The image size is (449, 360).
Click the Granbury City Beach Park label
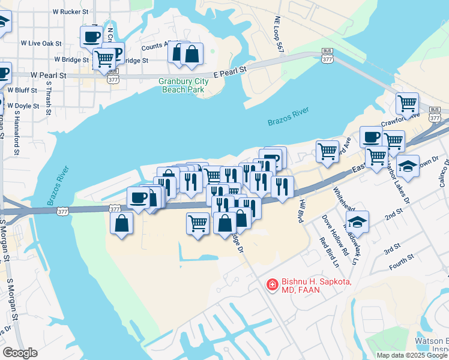coord(183,85)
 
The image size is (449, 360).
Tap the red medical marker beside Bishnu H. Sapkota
coord(272,285)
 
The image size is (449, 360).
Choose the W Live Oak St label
coord(41,43)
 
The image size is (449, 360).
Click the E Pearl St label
coord(229,71)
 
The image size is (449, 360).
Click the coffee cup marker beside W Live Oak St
coord(91,37)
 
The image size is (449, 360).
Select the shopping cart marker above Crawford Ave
coord(408,104)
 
